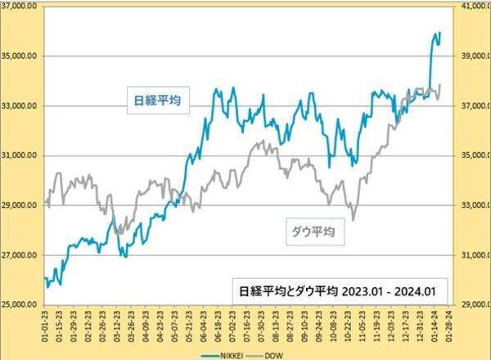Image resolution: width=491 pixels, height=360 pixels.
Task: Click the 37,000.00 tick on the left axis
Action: pyautogui.click(x=21, y=6)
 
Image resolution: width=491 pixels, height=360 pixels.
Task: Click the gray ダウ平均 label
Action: pyautogui.click(x=313, y=232)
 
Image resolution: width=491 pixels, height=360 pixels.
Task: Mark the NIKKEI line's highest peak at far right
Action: pyautogui.click(x=439, y=33)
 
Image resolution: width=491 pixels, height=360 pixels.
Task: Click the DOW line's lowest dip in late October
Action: pyautogui.click(x=354, y=219)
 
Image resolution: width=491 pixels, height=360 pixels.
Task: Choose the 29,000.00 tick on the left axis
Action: pyautogui.click(x=21, y=205)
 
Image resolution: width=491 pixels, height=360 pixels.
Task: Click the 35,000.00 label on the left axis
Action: pyautogui.click(x=21, y=56)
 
